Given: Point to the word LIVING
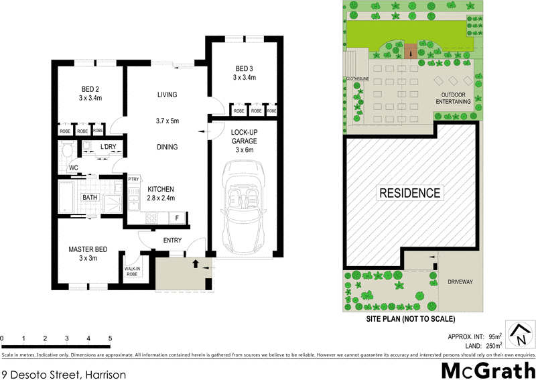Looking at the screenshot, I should tap(167, 94).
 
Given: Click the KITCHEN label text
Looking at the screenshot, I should tap(161, 189).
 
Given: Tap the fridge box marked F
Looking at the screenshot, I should tap(177, 218).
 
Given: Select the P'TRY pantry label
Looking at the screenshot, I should tap(133, 179).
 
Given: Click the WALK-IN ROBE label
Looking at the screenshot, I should tap(132, 272).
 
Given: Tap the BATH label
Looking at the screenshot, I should tap(90, 198).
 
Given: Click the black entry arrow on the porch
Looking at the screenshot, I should tap(195, 263).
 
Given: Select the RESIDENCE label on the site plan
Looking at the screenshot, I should tap(410, 193).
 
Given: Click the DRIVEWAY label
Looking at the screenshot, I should tap(460, 282).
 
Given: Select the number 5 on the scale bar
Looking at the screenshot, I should tap(109, 338).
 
